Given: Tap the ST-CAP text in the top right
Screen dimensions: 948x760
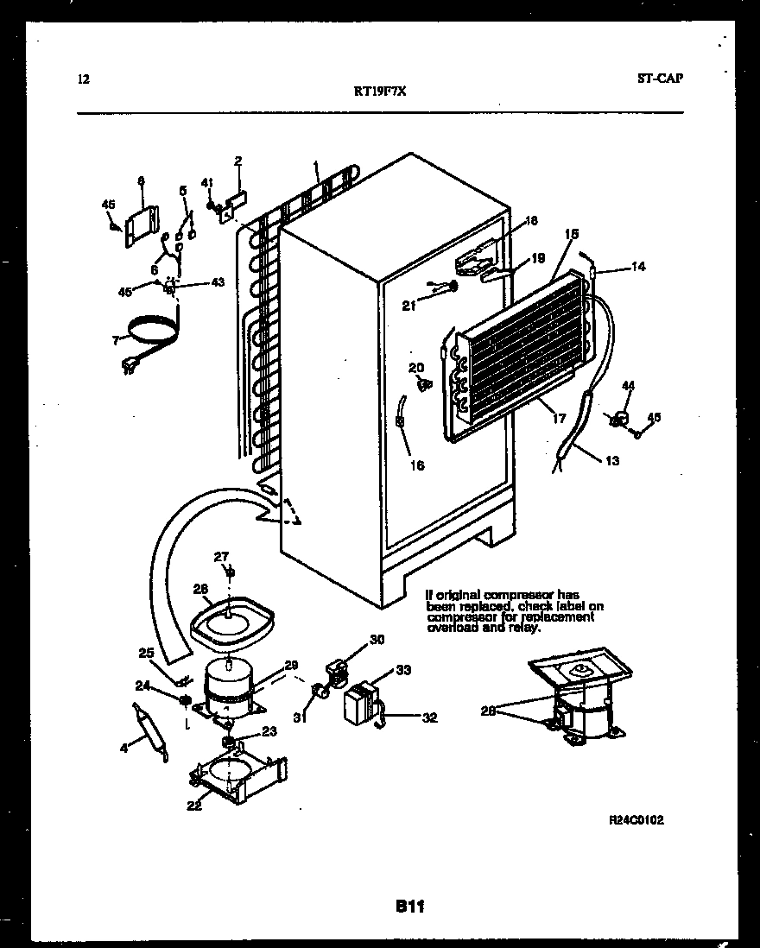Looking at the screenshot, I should pyautogui.click(x=660, y=79).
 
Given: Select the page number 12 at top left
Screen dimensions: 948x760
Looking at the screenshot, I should pyautogui.click(x=83, y=79).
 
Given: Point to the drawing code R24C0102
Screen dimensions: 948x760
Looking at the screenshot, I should pyautogui.click(x=636, y=819).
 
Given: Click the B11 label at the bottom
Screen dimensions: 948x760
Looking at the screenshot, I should pyautogui.click(x=410, y=906).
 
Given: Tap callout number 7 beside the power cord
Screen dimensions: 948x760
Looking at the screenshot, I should pyautogui.click(x=114, y=341).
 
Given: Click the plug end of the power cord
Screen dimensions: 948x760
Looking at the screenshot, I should pyautogui.click(x=130, y=368).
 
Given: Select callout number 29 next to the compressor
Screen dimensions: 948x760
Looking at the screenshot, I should pyautogui.click(x=291, y=664).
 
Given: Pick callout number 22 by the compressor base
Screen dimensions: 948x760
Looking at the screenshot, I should pyautogui.click(x=193, y=806).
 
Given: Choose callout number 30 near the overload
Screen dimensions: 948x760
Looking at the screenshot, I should pyautogui.click(x=377, y=640).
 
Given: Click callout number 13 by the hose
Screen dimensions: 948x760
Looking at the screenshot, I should pyautogui.click(x=611, y=461).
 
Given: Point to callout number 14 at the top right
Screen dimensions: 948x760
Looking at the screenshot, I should pyautogui.click(x=637, y=268).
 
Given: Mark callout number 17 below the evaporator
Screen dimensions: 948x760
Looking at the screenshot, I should pyautogui.click(x=559, y=419).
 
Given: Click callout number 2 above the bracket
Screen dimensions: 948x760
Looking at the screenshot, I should pyautogui.click(x=237, y=160).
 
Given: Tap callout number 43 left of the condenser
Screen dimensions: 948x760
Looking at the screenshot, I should pyautogui.click(x=218, y=282).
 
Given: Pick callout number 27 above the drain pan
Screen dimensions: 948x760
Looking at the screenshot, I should pyautogui.click(x=221, y=556).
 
